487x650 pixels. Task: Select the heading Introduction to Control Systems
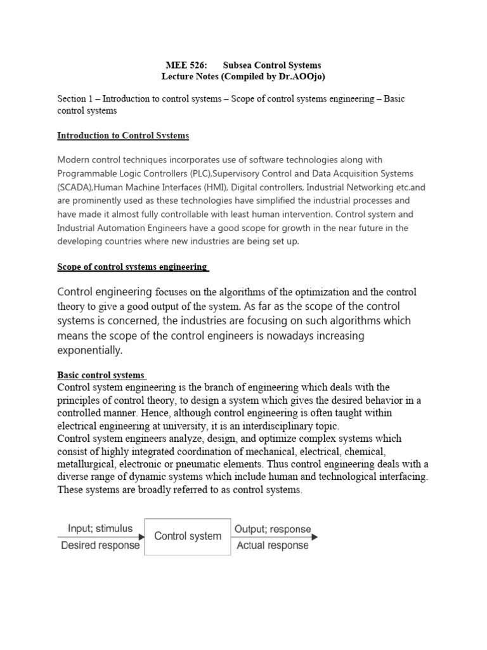123,135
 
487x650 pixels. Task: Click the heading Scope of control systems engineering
133,267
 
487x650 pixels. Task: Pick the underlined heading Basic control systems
101,375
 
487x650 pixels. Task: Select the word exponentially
89,350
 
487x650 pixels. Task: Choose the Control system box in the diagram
188,536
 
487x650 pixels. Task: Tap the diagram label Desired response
100,545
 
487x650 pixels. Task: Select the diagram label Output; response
273,529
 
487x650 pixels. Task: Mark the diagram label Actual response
273,545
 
